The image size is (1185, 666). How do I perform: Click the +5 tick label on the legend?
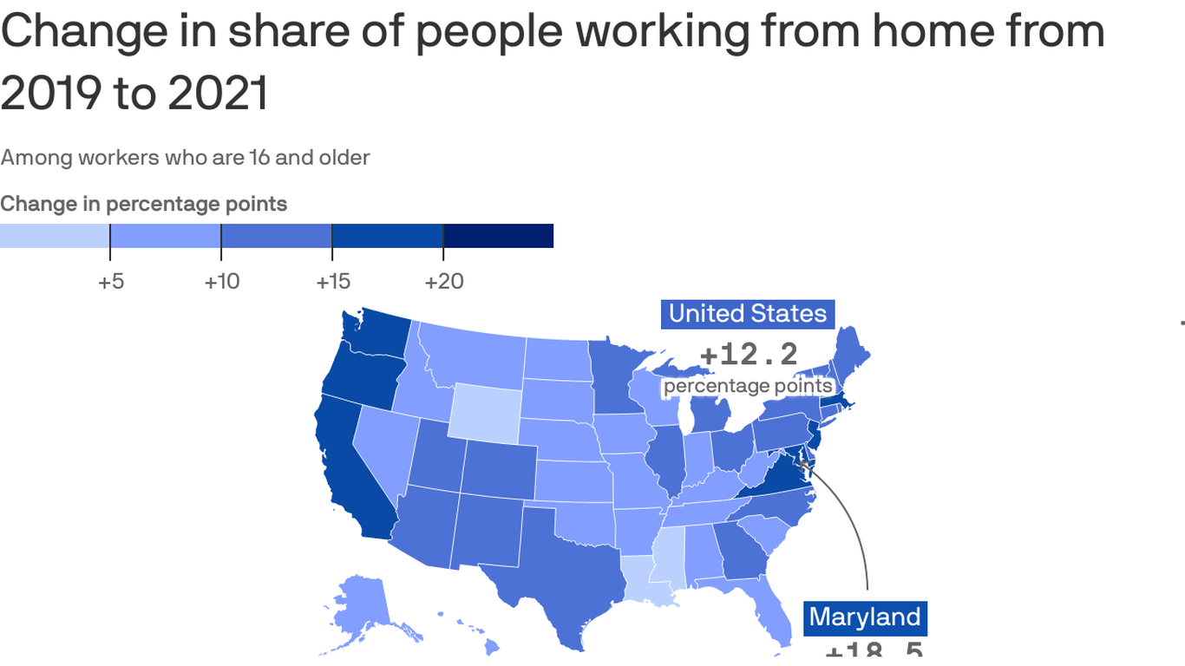pyautogui.click(x=110, y=282)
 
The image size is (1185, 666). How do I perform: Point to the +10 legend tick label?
pyautogui.click(x=221, y=282)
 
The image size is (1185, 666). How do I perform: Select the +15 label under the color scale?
pyautogui.click(x=332, y=282)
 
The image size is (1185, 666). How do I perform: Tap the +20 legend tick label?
pyautogui.click(x=443, y=282)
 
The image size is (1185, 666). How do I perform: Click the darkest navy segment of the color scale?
pyautogui.click(x=498, y=236)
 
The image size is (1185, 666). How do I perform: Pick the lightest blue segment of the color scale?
pyautogui.click(x=54, y=236)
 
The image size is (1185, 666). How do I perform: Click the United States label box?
pyautogui.click(x=748, y=314)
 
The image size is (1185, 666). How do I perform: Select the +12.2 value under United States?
pyautogui.click(x=748, y=354)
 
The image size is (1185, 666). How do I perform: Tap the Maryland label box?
pyautogui.click(x=864, y=617)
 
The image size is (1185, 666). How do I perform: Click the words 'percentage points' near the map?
pyautogui.click(x=748, y=387)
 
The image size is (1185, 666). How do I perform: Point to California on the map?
pyautogui.click(x=347, y=468)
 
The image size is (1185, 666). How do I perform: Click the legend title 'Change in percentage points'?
pyautogui.click(x=144, y=204)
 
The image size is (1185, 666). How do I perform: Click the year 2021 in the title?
pyautogui.click(x=218, y=92)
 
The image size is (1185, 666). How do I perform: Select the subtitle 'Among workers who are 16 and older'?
pyautogui.click(x=185, y=158)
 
